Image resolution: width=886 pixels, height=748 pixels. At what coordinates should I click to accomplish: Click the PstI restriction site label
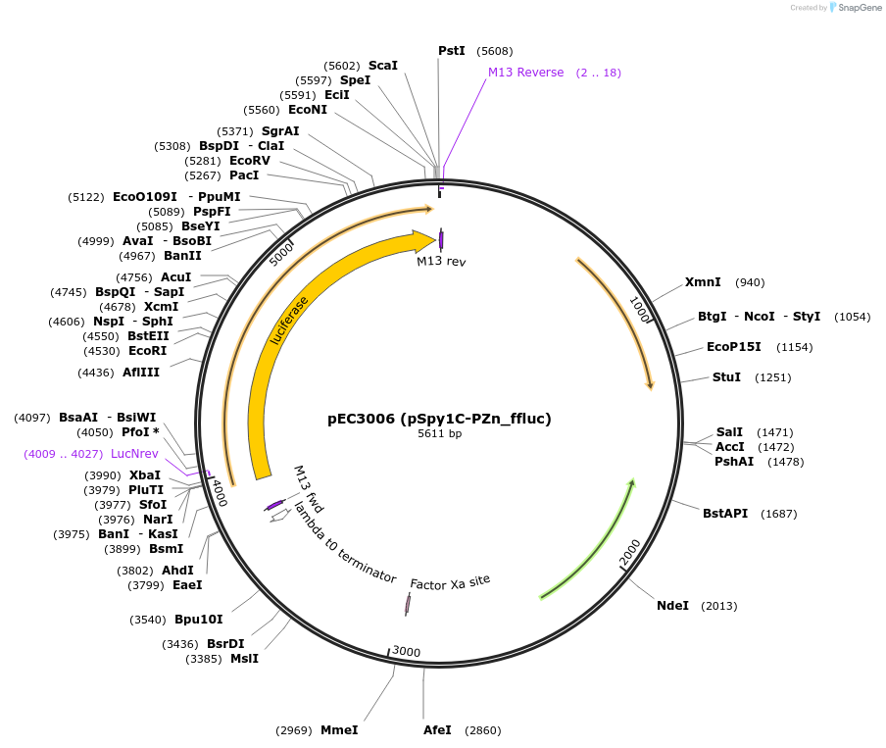451,51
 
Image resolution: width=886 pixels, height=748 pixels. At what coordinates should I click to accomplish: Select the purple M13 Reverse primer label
525,73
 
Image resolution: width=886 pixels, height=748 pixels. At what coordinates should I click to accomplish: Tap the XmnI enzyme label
703,282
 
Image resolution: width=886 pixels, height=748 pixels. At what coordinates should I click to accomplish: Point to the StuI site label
726,377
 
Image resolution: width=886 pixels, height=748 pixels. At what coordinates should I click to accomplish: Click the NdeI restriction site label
672,606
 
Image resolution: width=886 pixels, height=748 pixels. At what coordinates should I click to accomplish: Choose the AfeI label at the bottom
437,730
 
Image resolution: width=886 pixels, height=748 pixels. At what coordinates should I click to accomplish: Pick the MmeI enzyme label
339,730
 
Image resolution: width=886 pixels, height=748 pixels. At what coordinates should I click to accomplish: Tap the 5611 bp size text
439,433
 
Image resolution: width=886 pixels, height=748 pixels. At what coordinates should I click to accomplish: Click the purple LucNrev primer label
134,454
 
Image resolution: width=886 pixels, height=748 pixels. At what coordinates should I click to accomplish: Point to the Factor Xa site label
450,583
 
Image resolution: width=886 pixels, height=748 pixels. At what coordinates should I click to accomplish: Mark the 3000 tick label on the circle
406,652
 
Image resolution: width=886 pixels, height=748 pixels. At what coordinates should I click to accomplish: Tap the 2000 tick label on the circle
629,552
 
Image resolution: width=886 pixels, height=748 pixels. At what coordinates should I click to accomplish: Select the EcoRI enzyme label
147,350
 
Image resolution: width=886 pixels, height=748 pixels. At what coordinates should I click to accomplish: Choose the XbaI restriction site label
145,475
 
